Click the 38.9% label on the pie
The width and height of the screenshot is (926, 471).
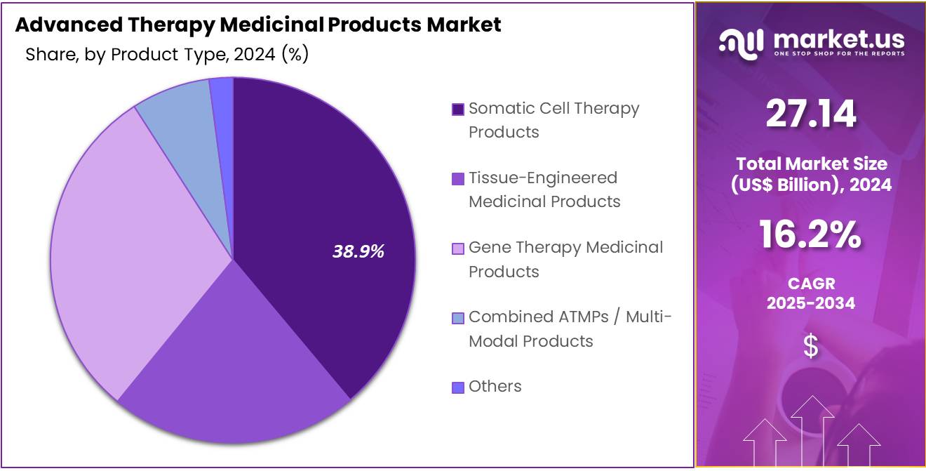pyautogui.click(x=358, y=251)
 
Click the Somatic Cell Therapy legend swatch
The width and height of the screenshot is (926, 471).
pyautogui.click(x=458, y=110)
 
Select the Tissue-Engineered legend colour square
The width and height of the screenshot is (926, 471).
pyautogui.click(x=458, y=179)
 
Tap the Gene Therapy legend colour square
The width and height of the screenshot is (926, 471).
pyautogui.click(x=458, y=248)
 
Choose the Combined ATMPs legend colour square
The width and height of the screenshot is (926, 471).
pyautogui.click(x=458, y=318)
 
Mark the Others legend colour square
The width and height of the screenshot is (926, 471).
pyautogui.click(x=458, y=387)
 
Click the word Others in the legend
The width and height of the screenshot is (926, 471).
pyautogui.click(x=495, y=386)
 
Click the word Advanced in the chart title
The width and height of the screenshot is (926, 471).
pyautogui.click(x=58, y=25)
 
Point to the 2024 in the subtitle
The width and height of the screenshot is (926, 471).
pyautogui.click(x=255, y=55)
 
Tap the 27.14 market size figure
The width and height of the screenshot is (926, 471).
pyautogui.click(x=811, y=114)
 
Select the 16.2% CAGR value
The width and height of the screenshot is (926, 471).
pyautogui.click(x=811, y=234)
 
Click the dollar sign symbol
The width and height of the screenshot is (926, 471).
pyautogui.click(x=811, y=346)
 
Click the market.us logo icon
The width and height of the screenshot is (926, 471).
pyautogui.click(x=740, y=44)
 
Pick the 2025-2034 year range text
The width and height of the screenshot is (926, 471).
pyautogui.click(x=811, y=303)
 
